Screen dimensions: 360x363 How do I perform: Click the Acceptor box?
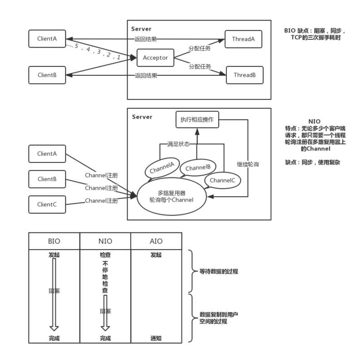tap(155, 58)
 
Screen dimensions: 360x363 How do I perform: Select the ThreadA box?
tap(243, 39)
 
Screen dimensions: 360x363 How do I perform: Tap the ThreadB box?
tap(244, 75)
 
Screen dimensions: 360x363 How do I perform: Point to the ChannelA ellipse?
tap(162, 169)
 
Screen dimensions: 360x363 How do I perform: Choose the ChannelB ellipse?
tap(198, 168)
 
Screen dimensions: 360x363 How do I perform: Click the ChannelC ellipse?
tap(222, 181)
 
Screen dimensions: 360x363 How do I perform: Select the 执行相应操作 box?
tap(197, 120)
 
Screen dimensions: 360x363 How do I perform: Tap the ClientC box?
tap(47, 204)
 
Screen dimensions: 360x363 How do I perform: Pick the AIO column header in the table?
tap(156, 241)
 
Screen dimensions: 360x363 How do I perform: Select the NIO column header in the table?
tap(105, 241)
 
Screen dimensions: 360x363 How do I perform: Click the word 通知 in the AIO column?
tap(156, 338)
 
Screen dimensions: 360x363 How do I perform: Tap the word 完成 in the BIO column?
tap(54, 338)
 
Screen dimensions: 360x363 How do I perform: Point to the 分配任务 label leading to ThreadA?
tap(200, 48)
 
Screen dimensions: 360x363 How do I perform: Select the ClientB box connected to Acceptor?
tap(47, 75)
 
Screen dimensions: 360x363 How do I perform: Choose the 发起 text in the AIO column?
tap(156, 255)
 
